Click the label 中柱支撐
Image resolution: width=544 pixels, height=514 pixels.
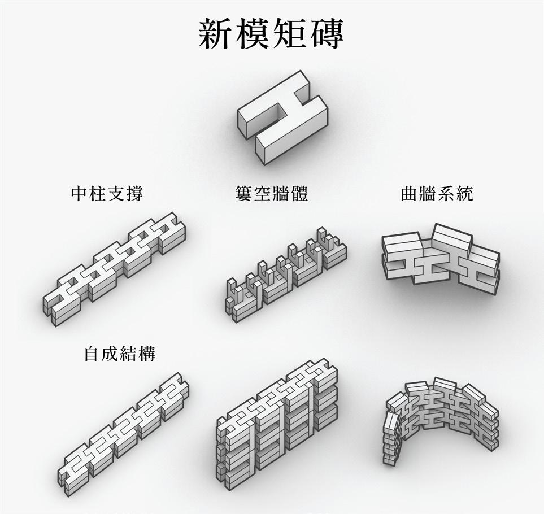point(107,194)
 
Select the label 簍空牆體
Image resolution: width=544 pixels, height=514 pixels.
point(272,194)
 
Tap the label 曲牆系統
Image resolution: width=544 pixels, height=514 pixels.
point(437,194)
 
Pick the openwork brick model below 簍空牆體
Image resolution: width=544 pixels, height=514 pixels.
point(285,275)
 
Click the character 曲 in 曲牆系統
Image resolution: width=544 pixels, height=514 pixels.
point(409,194)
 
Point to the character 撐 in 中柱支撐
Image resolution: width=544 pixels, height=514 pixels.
point(134,194)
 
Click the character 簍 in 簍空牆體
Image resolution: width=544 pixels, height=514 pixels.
point(245,194)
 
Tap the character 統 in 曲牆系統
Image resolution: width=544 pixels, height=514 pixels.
point(464,194)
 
